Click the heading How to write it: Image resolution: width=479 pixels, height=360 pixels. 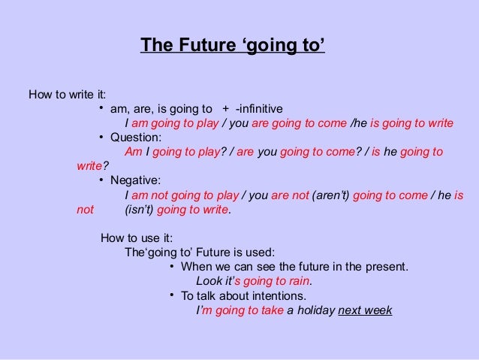click(x=67, y=95)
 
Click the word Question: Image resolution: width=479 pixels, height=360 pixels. click(x=136, y=138)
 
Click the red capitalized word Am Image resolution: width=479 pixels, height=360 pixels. click(x=133, y=152)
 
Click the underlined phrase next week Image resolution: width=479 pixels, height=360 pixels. click(x=366, y=310)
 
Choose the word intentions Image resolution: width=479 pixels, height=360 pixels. click(x=285, y=295)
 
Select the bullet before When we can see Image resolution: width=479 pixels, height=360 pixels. click(x=173, y=265)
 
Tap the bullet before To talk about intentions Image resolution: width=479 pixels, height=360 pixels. click(x=173, y=294)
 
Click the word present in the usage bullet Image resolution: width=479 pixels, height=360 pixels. click(x=383, y=267)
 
